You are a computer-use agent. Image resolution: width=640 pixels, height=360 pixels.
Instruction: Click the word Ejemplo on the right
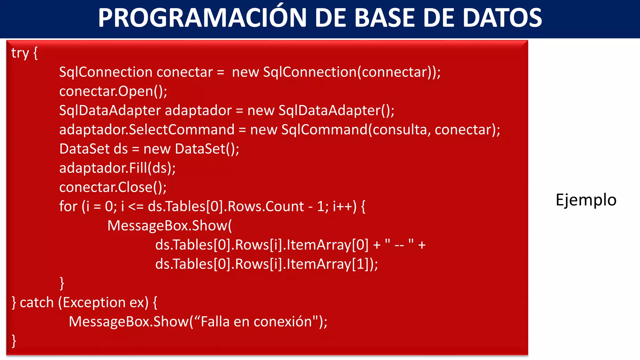586,200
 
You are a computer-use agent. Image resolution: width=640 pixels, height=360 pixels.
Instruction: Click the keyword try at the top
20,53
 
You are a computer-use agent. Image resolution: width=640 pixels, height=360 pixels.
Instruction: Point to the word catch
37,302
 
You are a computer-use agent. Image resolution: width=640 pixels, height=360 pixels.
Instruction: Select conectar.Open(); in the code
113,91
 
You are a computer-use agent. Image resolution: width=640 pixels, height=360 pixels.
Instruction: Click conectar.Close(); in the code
113,187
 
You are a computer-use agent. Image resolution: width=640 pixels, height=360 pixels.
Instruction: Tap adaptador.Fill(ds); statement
117,168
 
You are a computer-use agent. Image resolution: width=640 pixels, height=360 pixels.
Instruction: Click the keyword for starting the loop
68,207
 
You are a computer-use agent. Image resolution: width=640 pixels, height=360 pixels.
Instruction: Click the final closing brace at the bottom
14,341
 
